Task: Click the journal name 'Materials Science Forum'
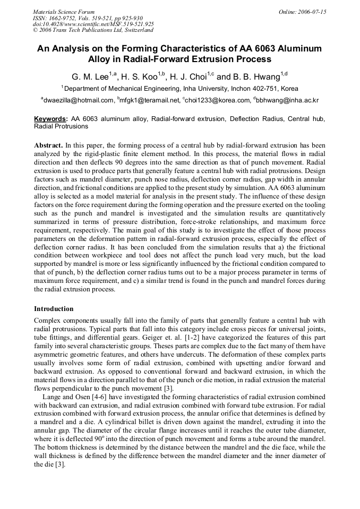(x=64, y=11)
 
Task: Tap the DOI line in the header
(x=93, y=24)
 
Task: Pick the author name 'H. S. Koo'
(x=140, y=77)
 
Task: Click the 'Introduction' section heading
(x=54, y=308)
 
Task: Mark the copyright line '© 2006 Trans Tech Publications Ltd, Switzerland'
(x=93, y=30)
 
